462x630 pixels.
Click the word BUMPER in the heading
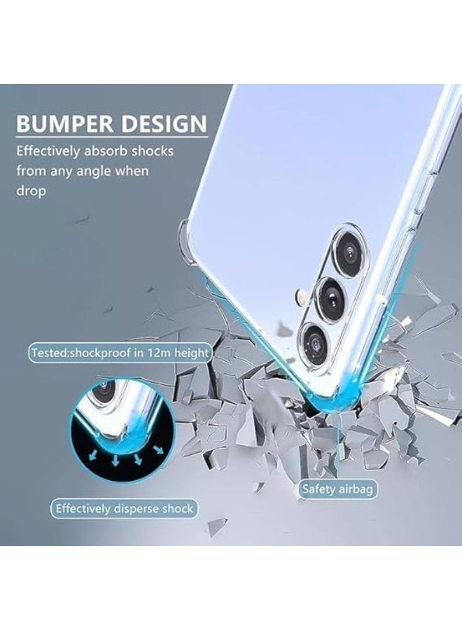[x=64, y=124]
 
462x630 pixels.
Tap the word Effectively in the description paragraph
[x=48, y=151]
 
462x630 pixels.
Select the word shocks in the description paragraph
[x=153, y=151]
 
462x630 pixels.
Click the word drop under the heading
[x=31, y=190]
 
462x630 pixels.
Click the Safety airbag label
[x=338, y=489]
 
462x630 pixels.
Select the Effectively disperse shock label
[x=125, y=509]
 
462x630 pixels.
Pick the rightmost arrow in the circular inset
[x=159, y=449]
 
